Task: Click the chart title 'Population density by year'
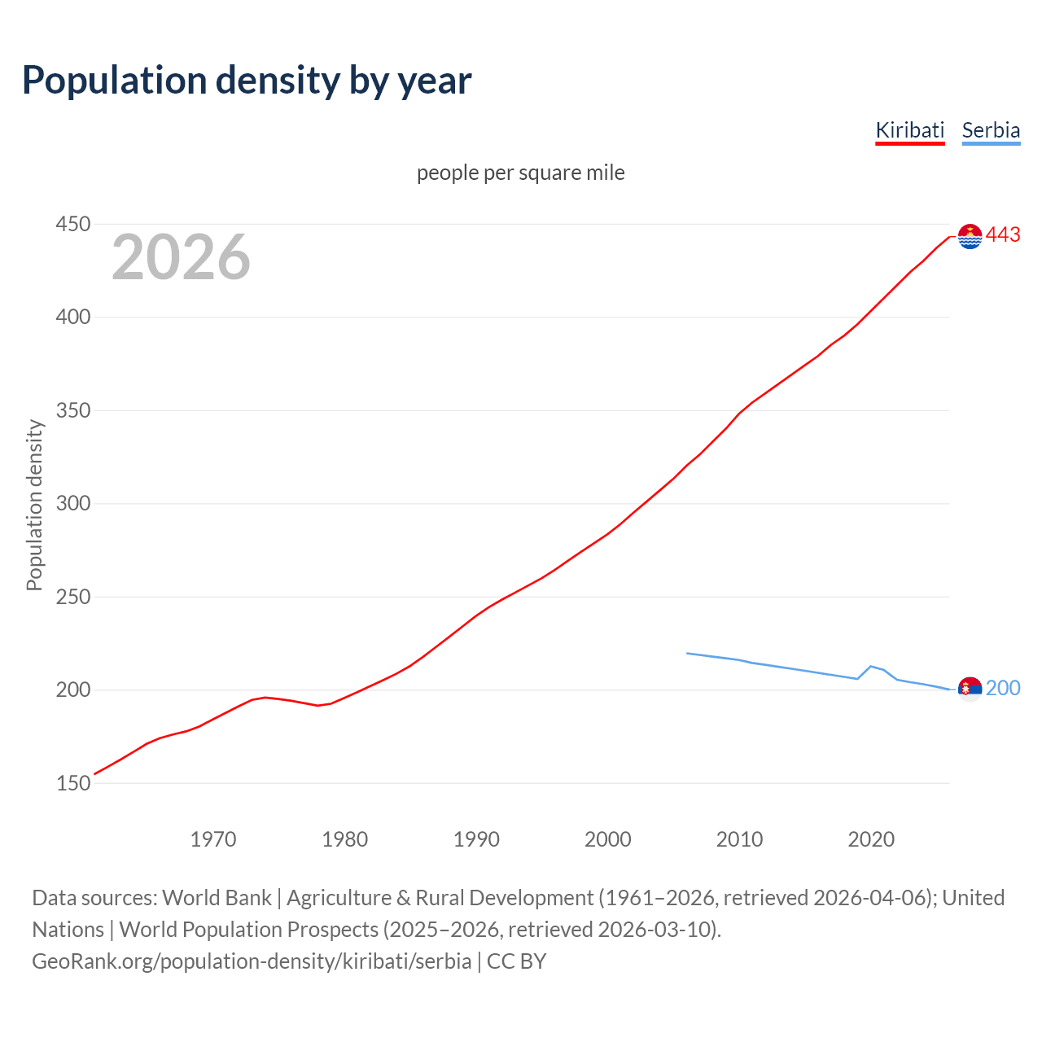pos(247,80)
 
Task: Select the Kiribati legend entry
pos(909,130)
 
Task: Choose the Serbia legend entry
pos(991,130)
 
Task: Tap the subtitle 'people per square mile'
pos(520,173)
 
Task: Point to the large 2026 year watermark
pos(181,257)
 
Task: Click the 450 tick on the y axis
pos(72,224)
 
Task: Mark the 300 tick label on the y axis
pos(72,503)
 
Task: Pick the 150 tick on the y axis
pos(72,783)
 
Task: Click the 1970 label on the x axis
pos(213,839)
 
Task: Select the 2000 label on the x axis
pos(608,839)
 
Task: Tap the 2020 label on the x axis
pos(871,839)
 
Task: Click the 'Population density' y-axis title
pos(34,505)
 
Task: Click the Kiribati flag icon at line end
pos(970,236)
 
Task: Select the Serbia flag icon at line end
pos(970,689)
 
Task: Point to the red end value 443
pos(1003,234)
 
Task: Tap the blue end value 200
pos(1003,688)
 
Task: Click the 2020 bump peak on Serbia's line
pos(871,666)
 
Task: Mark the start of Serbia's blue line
pos(687,653)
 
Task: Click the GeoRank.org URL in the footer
pos(252,961)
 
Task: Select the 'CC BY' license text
pos(516,961)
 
